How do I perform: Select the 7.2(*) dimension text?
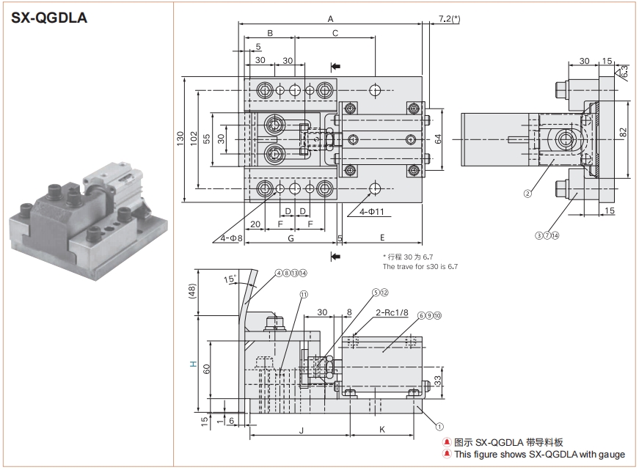pos(448,18)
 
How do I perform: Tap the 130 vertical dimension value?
pos(180,139)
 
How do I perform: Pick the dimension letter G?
pos(291,238)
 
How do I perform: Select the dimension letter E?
pos(382,238)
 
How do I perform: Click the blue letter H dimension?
pos(193,364)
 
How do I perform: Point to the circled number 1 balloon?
pos(439,425)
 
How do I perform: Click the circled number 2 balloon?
pos(527,194)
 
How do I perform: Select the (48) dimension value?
pos(192,290)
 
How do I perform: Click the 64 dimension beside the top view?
pos(439,137)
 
